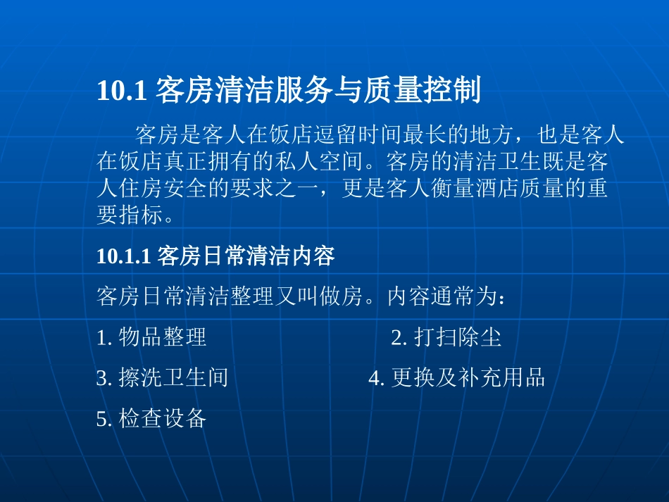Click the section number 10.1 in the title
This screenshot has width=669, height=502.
coord(121,92)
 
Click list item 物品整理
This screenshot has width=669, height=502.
coord(163,337)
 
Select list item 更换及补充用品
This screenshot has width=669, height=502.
coord(468,378)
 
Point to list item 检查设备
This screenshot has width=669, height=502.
coord(163,419)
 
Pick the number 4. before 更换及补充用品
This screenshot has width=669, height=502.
coord(377,378)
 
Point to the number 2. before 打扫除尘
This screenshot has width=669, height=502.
coord(399,337)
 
